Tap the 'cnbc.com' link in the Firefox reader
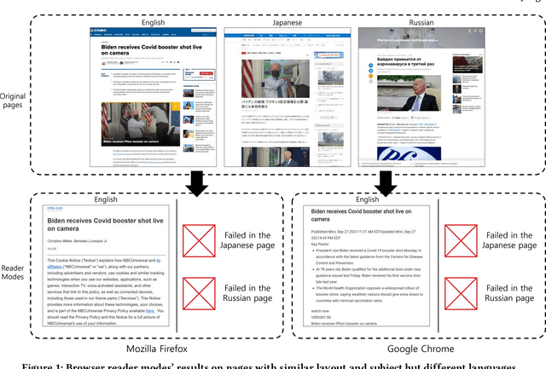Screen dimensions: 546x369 pos(45,207)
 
